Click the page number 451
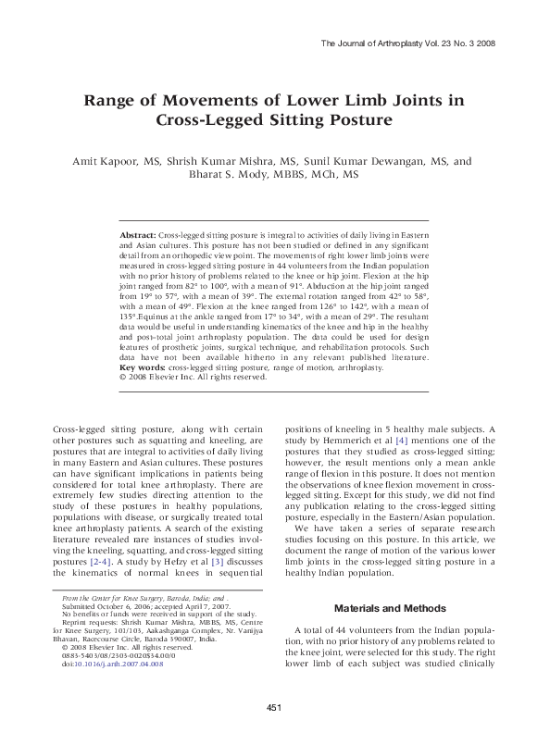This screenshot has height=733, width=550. click(x=274, y=708)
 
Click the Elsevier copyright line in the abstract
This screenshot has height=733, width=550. click(x=194, y=378)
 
